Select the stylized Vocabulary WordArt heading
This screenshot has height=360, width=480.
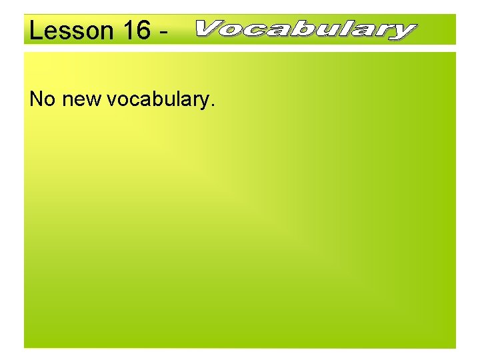point(306,30)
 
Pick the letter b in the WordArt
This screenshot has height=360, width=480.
point(300,29)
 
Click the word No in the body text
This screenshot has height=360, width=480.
point(42,99)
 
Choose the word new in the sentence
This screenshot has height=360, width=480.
point(81,100)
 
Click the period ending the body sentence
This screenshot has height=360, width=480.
point(213,105)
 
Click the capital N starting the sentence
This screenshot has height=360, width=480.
point(36,99)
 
